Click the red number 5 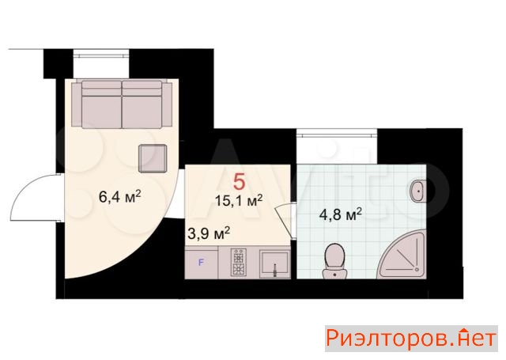pyautogui.click(x=239, y=181)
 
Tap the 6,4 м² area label pyautogui.click(x=120, y=196)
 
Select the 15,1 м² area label pyautogui.click(x=239, y=200)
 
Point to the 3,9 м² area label pyautogui.click(x=209, y=233)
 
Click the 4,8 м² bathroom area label pyautogui.click(x=340, y=214)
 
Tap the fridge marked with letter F pyautogui.click(x=202, y=263)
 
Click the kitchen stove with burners pyautogui.click(x=239, y=262)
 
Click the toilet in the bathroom pyautogui.click(x=334, y=261)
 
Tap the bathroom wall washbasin pyautogui.click(x=418, y=191)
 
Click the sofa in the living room pyautogui.click(x=122, y=104)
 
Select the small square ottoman pyautogui.click(x=153, y=158)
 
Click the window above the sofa pyautogui.click(x=101, y=55)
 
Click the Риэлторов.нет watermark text pyautogui.click(x=411, y=339)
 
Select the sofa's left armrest pyautogui.click(x=77, y=104)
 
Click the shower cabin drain pyautogui.click(x=417, y=269)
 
